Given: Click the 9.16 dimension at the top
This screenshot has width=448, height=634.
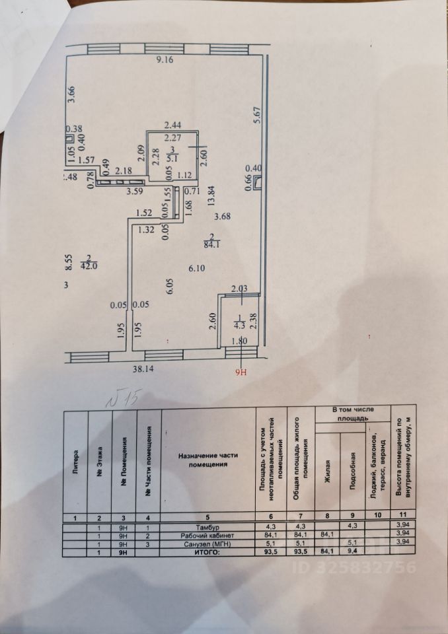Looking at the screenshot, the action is pos(163,61).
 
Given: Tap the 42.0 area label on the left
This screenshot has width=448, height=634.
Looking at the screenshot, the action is pos(89,267).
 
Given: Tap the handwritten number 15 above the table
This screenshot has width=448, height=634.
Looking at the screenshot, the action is pos(126,398).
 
